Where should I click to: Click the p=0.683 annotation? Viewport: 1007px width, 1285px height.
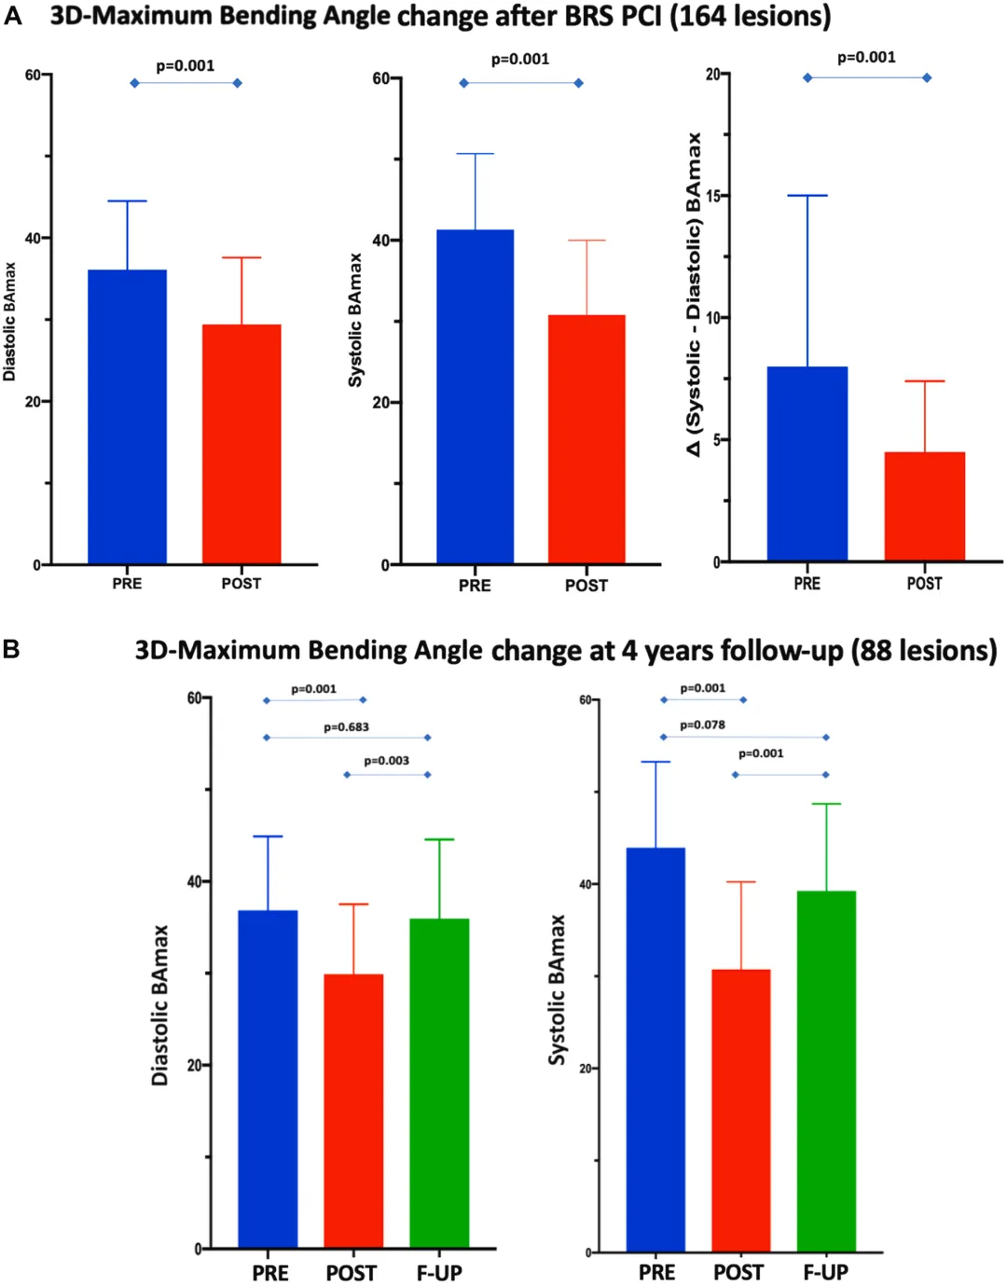tap(347, 726)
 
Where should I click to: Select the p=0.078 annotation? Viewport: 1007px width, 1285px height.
tap(702, 725)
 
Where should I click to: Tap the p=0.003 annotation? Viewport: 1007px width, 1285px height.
tap(386, 761)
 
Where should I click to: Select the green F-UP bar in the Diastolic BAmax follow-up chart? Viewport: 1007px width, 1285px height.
tap(439, 1083)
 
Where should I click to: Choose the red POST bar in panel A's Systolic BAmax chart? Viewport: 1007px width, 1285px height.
tap(586, 439)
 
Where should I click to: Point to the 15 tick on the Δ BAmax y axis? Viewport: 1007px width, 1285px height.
tap(715, 196)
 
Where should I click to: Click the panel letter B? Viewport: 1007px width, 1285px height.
tap(11, 649)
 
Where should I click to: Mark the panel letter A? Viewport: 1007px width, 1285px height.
tap(12, 16)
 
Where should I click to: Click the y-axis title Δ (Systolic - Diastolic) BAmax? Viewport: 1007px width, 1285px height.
tap(694, 294)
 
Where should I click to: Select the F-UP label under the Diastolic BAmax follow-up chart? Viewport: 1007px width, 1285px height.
tap(439, 1273)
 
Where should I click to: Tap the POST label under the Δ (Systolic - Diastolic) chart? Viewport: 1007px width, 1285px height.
tap(924, 584)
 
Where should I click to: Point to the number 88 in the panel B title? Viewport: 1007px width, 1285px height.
tap(875, 650)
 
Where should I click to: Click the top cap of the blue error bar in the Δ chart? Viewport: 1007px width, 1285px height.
tap(807, 196)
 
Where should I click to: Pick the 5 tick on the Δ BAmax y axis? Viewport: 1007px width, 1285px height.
tap(717, 440)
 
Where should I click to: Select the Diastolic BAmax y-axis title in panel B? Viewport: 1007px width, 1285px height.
tap(160, 1004)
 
